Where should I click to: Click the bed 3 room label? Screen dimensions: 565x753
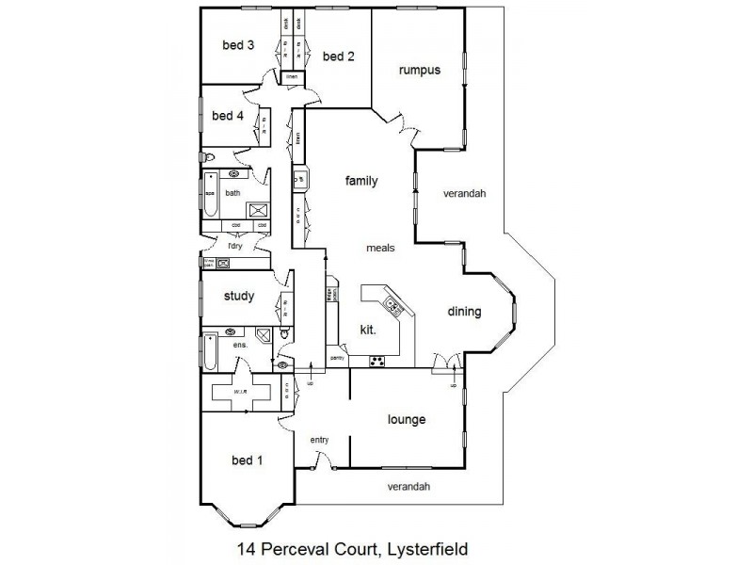tap(238, 44)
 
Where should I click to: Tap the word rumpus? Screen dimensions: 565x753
tap(419, 70)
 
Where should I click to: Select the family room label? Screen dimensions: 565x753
tap(360, 181)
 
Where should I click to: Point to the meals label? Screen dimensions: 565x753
tap(380, 249)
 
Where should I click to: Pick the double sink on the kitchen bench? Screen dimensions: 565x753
tap(392, 304)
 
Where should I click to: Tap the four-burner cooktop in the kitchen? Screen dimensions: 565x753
tap(376, 360)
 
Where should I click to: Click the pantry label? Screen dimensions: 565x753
tap(338, 359)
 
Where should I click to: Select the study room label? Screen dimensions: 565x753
tap(238, 296)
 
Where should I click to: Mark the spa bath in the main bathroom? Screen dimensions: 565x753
tap(210, 194)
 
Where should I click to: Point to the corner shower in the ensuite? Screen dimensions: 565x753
tap(264, 333)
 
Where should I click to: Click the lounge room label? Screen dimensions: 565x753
tap(407, 419)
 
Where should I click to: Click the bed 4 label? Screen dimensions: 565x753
tap(228, 116)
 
